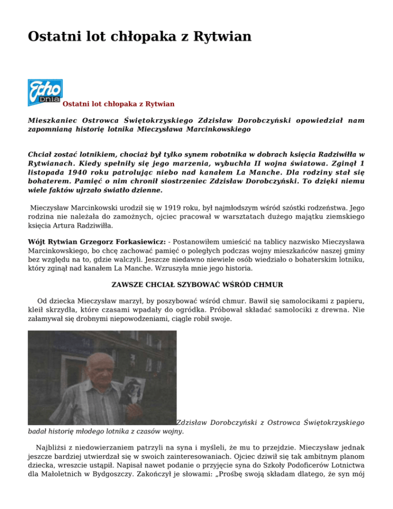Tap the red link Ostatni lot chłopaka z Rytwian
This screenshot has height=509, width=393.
[118, 104]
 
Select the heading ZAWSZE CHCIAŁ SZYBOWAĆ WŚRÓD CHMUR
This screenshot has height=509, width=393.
[196, 284]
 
